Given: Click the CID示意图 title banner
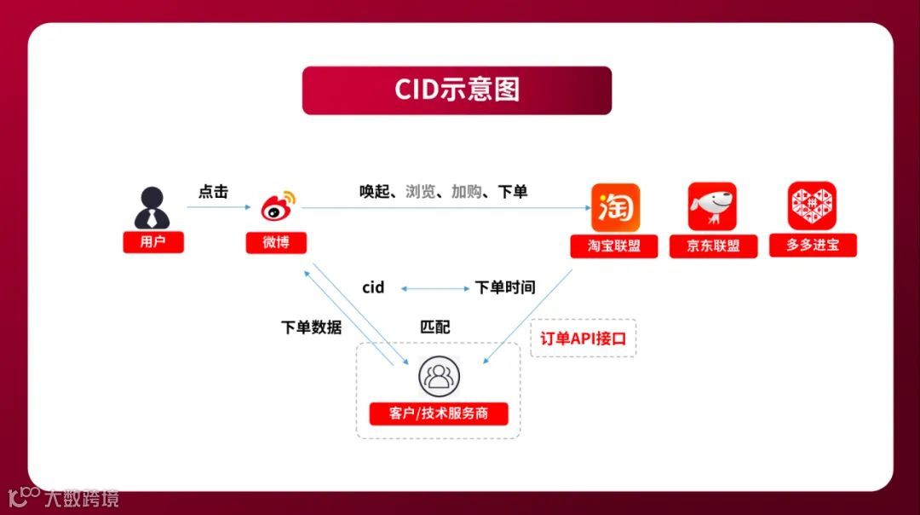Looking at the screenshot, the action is coord(457,90).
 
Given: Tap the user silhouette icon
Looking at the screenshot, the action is coord(152,207).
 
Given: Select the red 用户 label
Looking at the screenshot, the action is coord(152,241).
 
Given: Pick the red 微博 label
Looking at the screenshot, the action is coord(276,242).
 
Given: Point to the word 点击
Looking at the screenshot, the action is coord(213,192).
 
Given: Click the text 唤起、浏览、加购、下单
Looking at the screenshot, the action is coord(443,192).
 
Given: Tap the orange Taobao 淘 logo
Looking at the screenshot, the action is coord(615,207).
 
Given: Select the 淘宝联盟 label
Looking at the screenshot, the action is coord(614,246).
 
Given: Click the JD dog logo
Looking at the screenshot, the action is coord(712,206).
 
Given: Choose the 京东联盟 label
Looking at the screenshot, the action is coord(713,246).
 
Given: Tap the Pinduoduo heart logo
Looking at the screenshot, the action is coord(812,205).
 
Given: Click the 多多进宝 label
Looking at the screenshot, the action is coord(812,246).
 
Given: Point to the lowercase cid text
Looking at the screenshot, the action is coord(373,287).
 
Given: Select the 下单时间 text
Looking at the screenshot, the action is coord(504,287).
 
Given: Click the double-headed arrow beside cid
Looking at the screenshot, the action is coord(435,288).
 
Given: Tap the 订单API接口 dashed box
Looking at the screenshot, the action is coord(583,339).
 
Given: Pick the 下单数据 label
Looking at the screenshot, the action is coord(311,327).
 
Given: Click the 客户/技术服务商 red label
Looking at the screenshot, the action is coord(438,414).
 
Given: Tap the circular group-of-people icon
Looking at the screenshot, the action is coord(438,376).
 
